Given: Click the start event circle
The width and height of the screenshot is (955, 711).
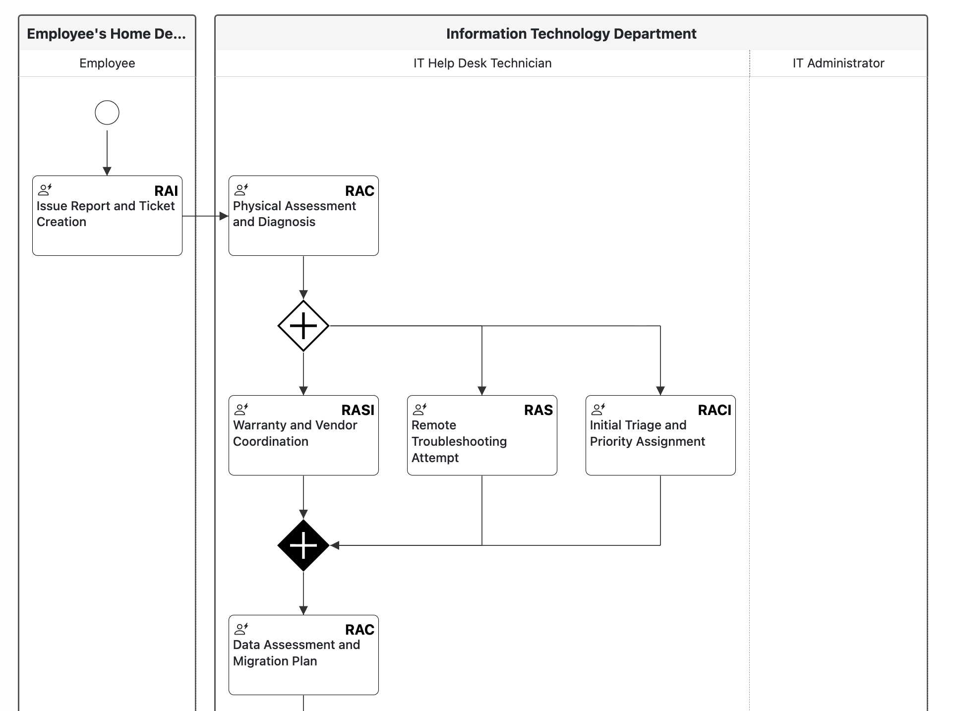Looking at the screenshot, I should (x=107, y=113).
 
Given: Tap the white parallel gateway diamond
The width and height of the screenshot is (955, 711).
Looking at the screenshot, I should (x=303, y=326).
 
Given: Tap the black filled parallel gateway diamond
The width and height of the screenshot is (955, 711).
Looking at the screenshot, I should (x=303, y=545).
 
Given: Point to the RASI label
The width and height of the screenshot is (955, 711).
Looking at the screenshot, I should (x=358, y=410).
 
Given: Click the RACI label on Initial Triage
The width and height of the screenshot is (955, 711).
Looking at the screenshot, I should (x=714, y=410).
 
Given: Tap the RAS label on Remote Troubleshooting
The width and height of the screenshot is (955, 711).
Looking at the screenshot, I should (x=538, y=410).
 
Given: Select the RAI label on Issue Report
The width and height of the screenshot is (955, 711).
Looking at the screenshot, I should (x=166, y=191).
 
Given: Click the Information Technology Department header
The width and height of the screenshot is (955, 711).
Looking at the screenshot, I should (x=571, y=34).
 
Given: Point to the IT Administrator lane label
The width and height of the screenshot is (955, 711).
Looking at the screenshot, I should (x=838, y=63).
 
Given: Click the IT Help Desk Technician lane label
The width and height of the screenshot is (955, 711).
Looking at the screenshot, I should (x=482, y=63).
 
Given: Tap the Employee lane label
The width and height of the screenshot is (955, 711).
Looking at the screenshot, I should (x=107, y=63).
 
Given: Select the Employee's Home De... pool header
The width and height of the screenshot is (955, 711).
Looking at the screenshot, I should (x=106, y=34).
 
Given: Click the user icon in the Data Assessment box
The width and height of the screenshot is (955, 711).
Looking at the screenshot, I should (x=241, y=629).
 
